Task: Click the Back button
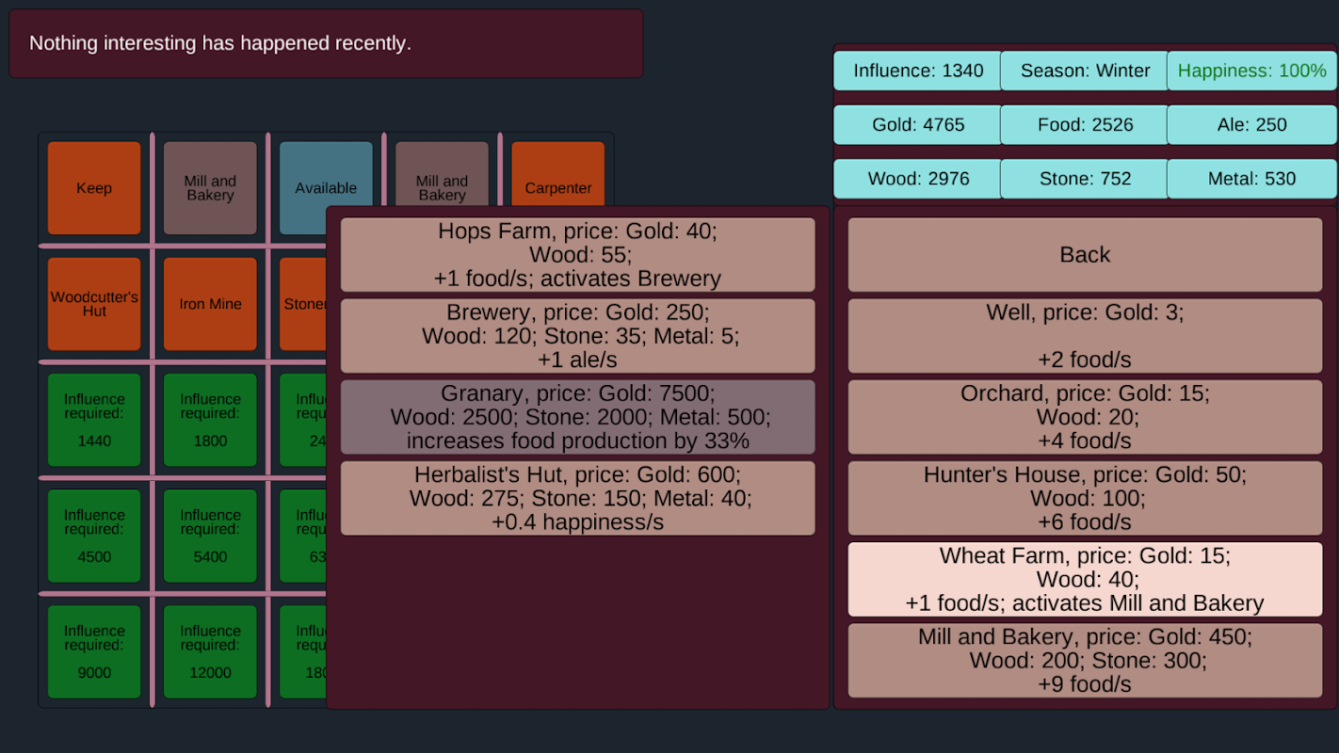point(1085,255)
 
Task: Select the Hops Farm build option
point(577,255)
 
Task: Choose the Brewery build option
point(577,336)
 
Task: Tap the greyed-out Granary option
point(577,417)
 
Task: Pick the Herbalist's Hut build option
point(577,498)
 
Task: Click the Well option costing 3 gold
point(1085,336)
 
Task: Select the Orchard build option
point(1085,417)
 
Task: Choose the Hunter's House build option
point(1085,498)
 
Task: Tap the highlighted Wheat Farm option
point(1085,579)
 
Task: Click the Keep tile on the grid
point(94,188)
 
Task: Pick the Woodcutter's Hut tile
point(94,304)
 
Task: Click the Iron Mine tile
point(210,304)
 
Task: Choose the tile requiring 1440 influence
point(94,420)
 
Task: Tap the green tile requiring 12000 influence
point(210,651)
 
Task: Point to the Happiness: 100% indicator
point(1251,71)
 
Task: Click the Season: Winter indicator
point(1085,71)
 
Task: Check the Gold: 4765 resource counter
point(918,125)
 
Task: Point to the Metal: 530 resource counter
point(1251,179)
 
